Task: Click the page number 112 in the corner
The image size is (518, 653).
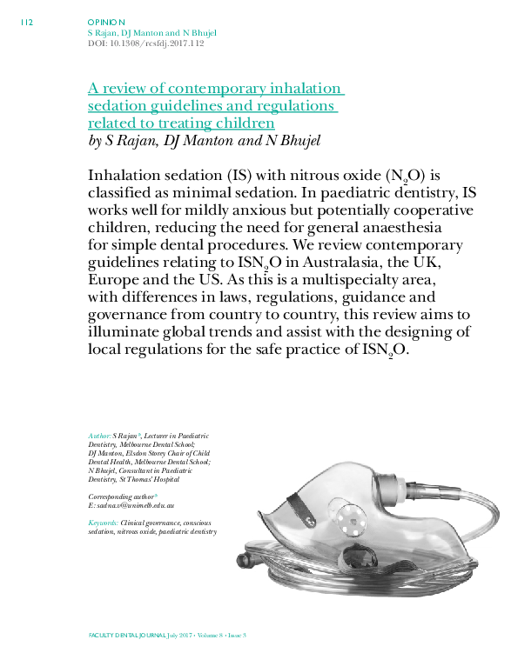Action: coord(25,23)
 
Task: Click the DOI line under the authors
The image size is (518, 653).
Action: coord(145,43)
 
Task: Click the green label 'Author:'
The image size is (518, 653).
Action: coord(99,435)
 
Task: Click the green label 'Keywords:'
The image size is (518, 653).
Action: coord(104,522)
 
